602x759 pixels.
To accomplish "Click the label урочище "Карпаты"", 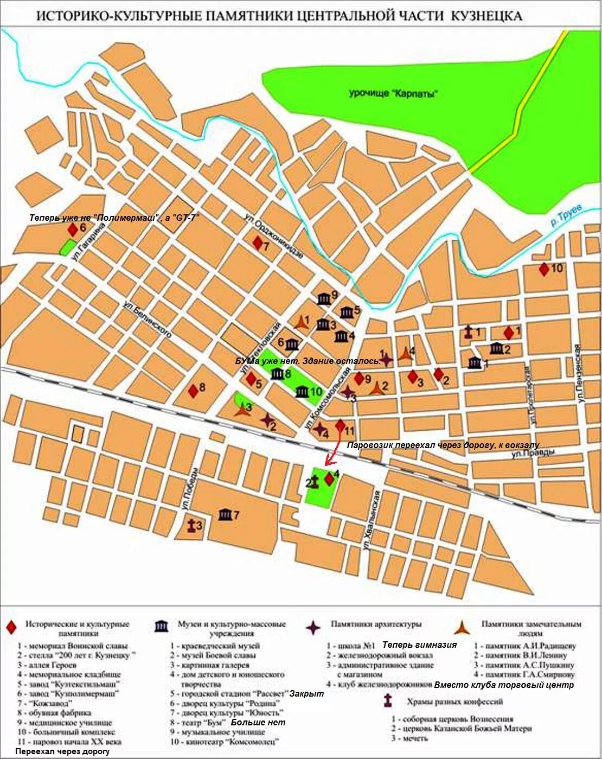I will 393,93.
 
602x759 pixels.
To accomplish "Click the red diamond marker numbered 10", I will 543,269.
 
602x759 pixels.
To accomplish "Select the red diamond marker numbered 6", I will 72,229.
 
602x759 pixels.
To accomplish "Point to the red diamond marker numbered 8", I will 193,390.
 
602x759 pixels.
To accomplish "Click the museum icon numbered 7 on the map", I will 225,515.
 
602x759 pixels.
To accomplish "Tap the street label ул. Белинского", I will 147,320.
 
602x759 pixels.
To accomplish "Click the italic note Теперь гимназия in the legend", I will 419,645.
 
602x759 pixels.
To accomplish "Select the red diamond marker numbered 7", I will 258,243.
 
